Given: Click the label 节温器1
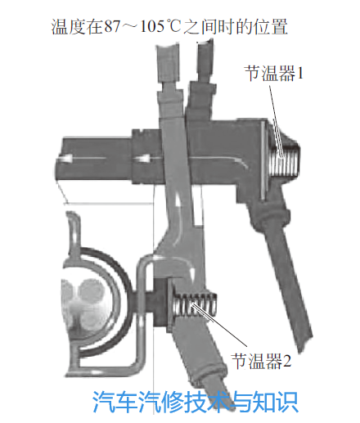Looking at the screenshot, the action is point(274,73).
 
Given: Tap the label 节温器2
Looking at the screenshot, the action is point(261,361).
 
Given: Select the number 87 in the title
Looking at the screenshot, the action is point(111,27).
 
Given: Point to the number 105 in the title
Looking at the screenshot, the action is point(152,27).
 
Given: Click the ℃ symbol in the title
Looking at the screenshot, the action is point(173,27).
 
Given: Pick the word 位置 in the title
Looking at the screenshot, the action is point(271,27).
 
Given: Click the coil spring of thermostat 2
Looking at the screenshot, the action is point(194,304).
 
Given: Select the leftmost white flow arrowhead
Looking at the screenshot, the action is point(65,158).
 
